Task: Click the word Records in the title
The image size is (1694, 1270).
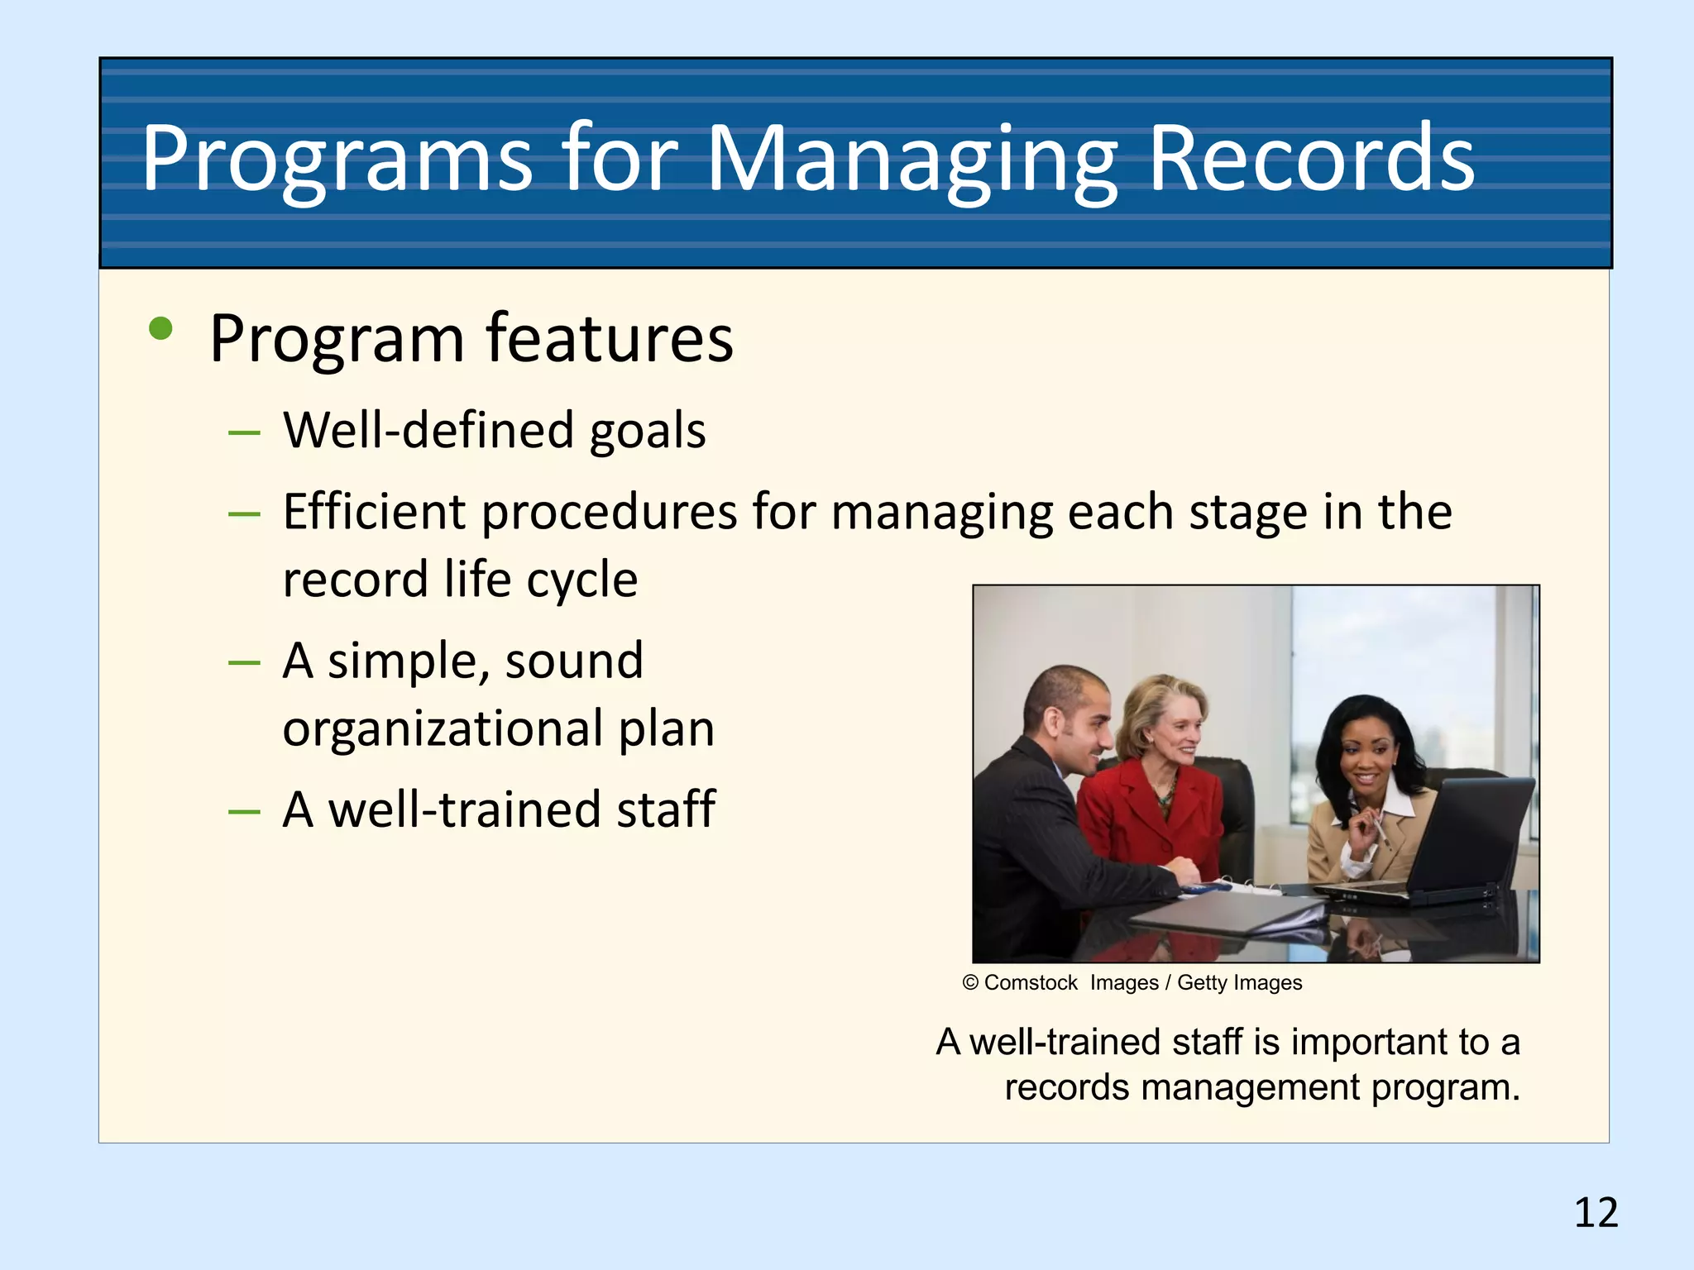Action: pos(1312,159)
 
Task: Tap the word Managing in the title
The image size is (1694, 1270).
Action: pos(910,159)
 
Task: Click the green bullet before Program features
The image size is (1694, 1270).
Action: pos(160,330)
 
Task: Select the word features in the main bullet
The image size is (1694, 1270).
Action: pos(610,338)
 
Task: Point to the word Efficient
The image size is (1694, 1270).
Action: pos(375,512)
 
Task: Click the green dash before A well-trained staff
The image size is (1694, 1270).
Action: pos(244,812)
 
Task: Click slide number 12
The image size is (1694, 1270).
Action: pos(1596,1213)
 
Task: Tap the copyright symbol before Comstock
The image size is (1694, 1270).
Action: pos(970,983)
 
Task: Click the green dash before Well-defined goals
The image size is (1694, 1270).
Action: pos(244,432)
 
